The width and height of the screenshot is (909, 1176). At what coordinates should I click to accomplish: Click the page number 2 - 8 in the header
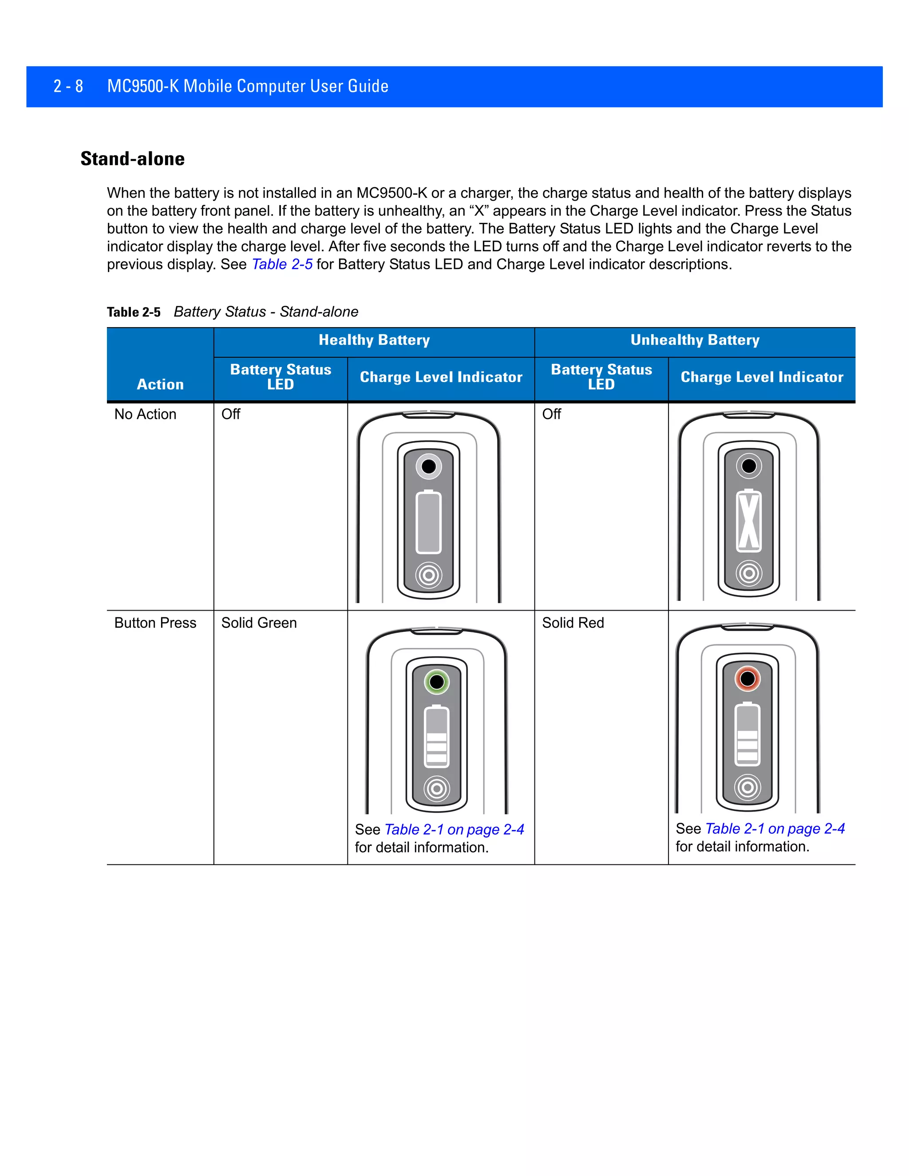click(68, 86)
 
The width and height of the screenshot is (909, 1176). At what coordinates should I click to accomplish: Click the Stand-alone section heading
click(132, 159)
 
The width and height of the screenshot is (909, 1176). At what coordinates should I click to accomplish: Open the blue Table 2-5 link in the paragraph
click(282, 264)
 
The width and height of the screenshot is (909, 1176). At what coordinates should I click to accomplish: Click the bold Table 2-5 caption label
click(134, 312)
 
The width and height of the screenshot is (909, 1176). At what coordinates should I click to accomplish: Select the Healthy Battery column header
click(374, 340)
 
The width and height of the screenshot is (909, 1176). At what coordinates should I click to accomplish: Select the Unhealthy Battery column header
click(695, 340)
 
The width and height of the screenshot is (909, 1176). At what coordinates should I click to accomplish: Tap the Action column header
click(160, 384)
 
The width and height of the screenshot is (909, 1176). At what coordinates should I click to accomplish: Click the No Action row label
click(146, 414)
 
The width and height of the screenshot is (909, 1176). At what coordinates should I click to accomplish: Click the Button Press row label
click(155, 623)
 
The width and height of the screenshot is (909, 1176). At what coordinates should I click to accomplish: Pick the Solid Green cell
click(259, 623)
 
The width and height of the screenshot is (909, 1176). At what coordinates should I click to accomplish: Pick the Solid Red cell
click(573, 623)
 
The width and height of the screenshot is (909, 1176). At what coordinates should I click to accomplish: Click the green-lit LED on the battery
click(437, 682)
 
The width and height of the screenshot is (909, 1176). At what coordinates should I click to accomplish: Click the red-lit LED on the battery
click(747, 679)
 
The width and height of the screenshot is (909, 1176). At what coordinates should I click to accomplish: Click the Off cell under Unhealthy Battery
click(551, 414)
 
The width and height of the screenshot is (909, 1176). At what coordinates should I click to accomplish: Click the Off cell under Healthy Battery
click(230, 414)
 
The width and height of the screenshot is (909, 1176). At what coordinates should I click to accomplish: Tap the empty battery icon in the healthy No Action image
click(429, 522)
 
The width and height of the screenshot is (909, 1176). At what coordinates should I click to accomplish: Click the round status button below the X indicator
click(748, 573)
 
